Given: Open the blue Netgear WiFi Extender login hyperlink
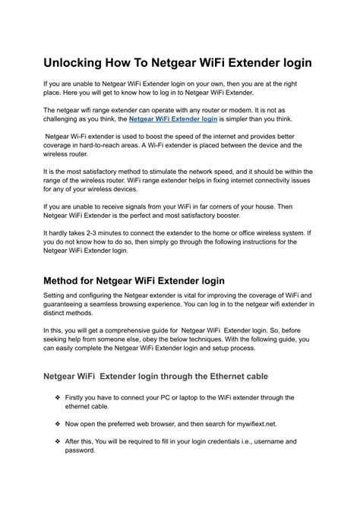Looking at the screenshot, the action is point(173,119).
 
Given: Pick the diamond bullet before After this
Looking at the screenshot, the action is point(58,440).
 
